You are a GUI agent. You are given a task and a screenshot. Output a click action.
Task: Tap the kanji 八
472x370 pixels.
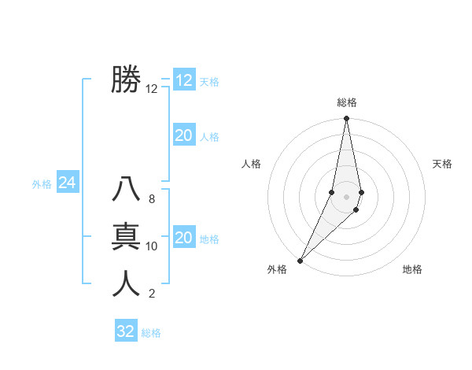click(x=126, y=190)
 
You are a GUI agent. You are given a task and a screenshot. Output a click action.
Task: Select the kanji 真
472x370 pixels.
click(x=126, y=236)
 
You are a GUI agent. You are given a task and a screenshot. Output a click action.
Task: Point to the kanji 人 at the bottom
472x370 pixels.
click(x=126, y=283)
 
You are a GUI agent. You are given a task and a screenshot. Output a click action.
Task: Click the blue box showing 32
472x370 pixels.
click(x=126, y=331)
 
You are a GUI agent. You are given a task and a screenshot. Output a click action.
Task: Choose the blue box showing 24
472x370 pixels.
click(x=67, y=183)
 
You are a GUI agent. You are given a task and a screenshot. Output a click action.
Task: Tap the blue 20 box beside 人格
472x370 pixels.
click(x=183, y=135)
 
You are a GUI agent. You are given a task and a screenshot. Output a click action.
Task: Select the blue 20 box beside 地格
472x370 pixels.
click(x=183, y=238)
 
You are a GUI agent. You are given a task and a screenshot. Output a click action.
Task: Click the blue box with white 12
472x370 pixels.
click(x=183, y=80)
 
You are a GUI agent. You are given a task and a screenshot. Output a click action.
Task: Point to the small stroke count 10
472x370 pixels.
click(x=152, y=246)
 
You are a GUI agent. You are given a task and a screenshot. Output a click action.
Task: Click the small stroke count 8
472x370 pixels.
click(x=151, y=199)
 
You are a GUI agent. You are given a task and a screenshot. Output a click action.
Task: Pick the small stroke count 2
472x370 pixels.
click(x=151, y=294)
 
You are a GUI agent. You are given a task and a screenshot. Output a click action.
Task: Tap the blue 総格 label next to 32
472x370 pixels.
click(x=151, y=333)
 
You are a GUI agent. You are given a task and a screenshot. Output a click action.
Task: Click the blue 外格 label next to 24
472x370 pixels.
click(x=42, y=184)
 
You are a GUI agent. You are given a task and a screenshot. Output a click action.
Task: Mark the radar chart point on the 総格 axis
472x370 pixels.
click(x=346, y=118)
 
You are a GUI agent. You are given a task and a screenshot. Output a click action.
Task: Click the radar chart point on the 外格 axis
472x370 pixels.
click(x=301, y=259)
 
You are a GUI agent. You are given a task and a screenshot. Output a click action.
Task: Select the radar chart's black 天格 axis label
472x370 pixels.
click(x=442, y=164)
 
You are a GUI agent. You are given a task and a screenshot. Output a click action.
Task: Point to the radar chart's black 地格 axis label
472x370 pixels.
click(x=412, y=270)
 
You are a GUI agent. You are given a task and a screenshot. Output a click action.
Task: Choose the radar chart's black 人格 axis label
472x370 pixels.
click(x=251, y=164)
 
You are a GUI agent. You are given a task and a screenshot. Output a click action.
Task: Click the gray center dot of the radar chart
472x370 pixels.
click(x=346, y=196)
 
